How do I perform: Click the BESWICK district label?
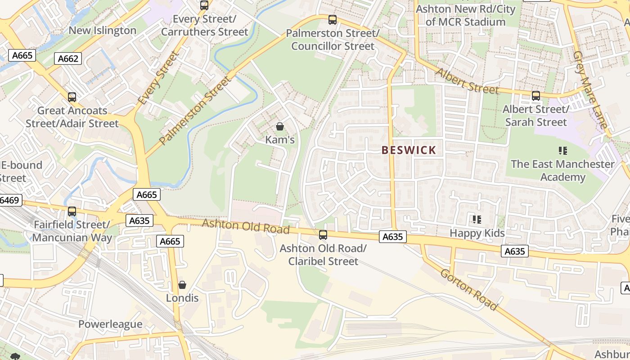pyautogui.click(x=409, y=150)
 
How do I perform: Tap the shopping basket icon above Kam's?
pyautogui.click(x=279, y=126)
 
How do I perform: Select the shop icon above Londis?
pyautogui.click(x=182, y=285)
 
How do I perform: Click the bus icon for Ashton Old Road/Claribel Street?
pyautogui.click(x=323, y=234)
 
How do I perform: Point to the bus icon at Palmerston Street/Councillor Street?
pyautogui.click(x=333, y=20)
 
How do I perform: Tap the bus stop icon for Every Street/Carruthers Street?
pyautogui.click(x=204, y=5)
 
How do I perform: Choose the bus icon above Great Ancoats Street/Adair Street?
pyautogui.click(x=72, y=97)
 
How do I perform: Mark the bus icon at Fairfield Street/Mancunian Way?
pyautogui.click(x=72, y=211)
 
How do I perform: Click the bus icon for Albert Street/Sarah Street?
pyautogui.click(x=535, y=95)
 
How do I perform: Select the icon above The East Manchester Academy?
pyautogui.click(x=562, y=151)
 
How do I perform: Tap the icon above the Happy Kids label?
pyautogui.click(x=477, y=220)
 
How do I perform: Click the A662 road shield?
pyautogui.click(x=68, y=58)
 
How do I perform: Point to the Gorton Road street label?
pyautogui.click(x=469, y=290)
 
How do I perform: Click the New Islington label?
pyautogui.click(x=102, y=31)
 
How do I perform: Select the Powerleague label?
pyautogui.click(x=110, y=324)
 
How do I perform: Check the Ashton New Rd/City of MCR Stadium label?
pyautogui.click(x=465, y=15)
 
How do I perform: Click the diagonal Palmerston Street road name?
pyautogui.click(x=195, y=111)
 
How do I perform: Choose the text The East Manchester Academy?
pyautogui.click(x=562, y=171)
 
